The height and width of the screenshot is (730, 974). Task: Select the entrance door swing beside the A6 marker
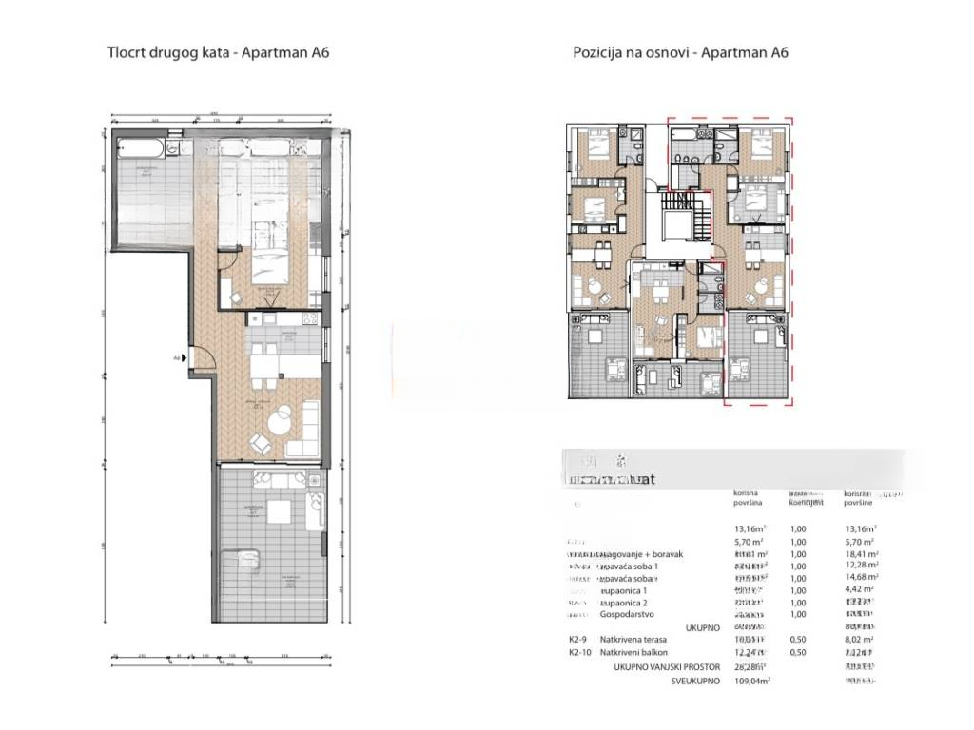tap(203, 358)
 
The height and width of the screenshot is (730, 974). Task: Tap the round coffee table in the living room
tap(282, 419)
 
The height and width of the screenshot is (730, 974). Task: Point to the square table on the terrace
tap(281, 507)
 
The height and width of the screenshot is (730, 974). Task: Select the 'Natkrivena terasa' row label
tap(640, 641)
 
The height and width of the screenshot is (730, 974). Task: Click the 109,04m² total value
tap(750, 681)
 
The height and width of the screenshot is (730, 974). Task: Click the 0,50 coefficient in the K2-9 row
tap(798, 641)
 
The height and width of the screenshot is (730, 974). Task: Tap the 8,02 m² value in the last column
tap(859, 641)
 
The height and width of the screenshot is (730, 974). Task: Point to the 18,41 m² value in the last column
tap(860, 554)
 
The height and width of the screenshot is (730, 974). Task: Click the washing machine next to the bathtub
tap(170, 147)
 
